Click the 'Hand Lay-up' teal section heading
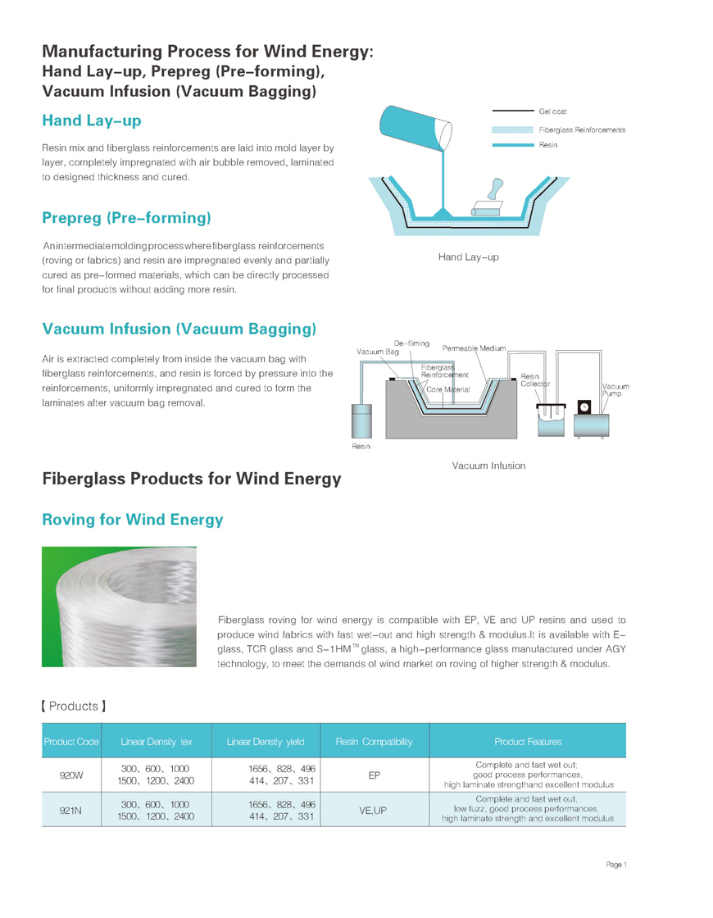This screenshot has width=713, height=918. [x=92, y=121]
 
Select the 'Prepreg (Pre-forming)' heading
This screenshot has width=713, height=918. [x=126, y=218]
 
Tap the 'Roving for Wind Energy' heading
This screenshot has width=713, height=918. [x=132, y=520]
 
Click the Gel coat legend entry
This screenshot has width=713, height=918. [x=552, y=111]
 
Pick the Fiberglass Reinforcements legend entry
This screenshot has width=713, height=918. [x=582, y=130]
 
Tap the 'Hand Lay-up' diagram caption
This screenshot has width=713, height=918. [x=468, y=257]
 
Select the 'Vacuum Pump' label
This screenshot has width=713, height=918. [x=615, y=390]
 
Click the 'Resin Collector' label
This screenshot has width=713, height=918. [x=535, y=380]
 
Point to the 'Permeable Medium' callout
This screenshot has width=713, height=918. [x=474, y=348]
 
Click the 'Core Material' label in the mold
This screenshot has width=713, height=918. [x=448, y=389]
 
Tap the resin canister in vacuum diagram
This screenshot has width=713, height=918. [x=361, y=421]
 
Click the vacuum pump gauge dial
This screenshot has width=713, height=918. [x=584, y=407]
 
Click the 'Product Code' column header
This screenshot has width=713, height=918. [x=71, y=742]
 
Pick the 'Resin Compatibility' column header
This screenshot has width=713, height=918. [x=374, y=742]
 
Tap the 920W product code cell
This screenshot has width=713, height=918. [x=71, y=775]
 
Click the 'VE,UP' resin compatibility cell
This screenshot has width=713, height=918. [x=374, y=810]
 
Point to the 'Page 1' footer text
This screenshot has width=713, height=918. [x=616, y=865]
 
